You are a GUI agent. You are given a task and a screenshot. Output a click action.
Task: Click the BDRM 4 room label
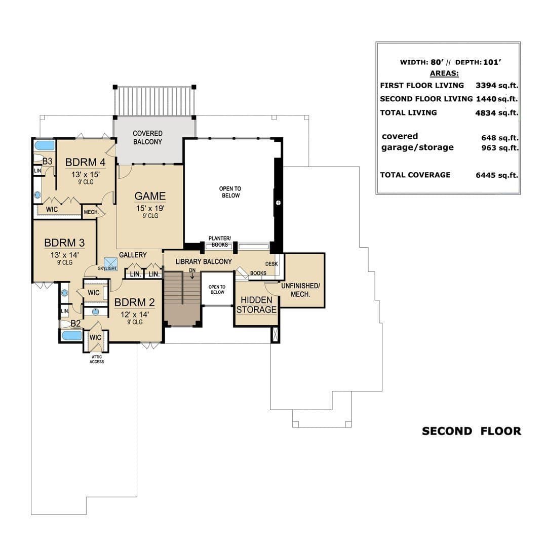[x=86, y=162]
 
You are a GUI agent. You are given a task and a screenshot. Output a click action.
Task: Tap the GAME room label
[x=150, y=196]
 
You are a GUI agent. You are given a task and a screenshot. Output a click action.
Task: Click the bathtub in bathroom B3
[x=45, y=145]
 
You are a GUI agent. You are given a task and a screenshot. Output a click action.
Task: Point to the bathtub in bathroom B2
[x=71, y=336]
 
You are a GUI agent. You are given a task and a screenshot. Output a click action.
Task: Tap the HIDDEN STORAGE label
[x=256, y=305]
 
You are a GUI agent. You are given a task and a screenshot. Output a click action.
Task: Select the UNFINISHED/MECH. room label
[x=300, y=290]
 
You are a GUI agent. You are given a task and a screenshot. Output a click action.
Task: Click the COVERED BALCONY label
[x=147, y=137]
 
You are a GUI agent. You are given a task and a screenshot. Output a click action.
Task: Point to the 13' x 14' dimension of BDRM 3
[x=64, y=255]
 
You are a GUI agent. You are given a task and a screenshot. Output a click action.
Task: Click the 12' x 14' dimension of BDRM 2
[x=135, y=315]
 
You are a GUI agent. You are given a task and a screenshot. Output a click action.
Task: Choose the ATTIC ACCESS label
[x=97, y=359]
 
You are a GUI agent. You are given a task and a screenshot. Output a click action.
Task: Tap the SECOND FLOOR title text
[x=472, y=431]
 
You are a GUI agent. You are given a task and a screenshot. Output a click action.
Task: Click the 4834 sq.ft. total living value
[x=496, y=112]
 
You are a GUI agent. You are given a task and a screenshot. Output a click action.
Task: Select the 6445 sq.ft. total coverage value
[x=497, y=175]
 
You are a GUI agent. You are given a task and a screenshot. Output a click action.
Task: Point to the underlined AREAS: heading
[x=444, y=73]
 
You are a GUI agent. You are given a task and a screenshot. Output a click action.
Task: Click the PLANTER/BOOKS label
[x=220, y=242]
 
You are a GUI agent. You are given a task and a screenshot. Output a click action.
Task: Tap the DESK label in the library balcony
[x=271, y=264]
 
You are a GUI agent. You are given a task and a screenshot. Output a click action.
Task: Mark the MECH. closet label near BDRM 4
[x=91, y=212]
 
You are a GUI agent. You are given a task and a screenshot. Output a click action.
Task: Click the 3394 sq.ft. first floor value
[x=497, y=86]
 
